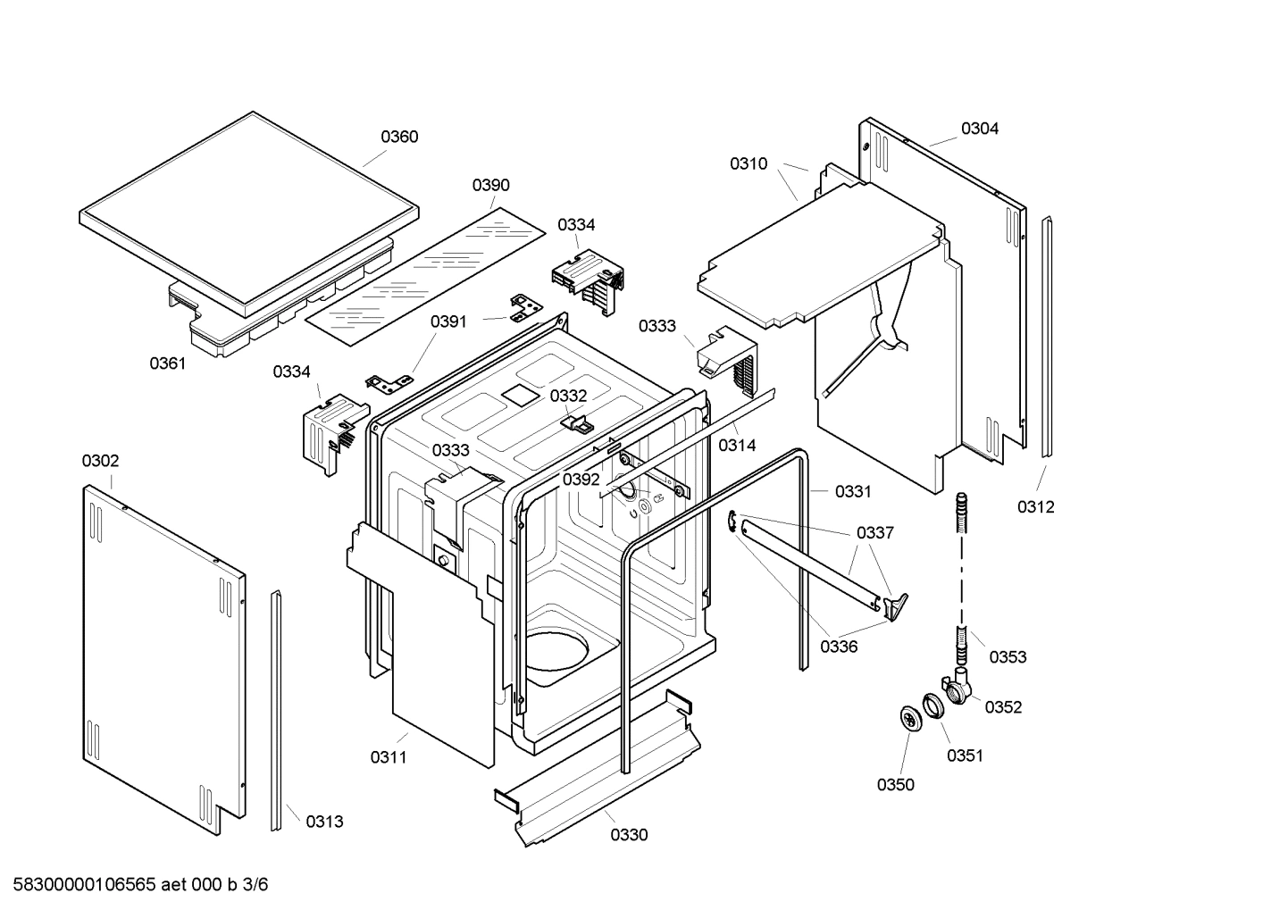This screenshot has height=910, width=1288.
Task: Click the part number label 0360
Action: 399,137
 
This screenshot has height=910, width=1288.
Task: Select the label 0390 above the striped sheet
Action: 490,185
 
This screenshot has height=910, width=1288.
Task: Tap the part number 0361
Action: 167,363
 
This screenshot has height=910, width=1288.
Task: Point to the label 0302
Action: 100,461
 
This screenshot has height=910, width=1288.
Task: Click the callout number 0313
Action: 324,822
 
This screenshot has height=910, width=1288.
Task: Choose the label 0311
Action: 389,757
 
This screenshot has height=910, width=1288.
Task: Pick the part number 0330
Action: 629,835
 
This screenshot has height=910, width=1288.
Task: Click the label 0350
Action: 895,785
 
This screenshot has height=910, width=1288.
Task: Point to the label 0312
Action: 1035,507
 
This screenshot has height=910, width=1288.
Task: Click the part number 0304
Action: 980,129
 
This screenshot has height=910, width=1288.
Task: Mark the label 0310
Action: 749,163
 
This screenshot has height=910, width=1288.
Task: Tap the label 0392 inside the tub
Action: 581,480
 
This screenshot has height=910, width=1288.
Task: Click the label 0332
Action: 568,396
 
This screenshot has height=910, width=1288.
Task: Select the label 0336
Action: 839,647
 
